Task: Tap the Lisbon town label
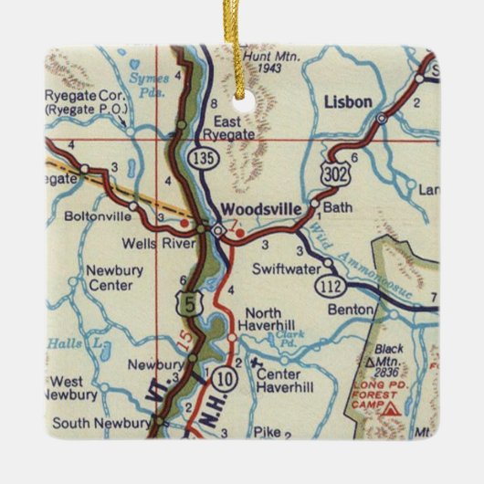(x=347, y=102)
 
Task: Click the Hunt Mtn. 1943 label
(x=247, y=63)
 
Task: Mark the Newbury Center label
(x=110, y=278)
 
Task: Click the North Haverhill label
(x=264, y=316)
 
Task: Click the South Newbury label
(x=100, y=423)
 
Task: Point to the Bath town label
(x=337, y=208)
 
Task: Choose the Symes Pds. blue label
(x=148, y=85)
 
